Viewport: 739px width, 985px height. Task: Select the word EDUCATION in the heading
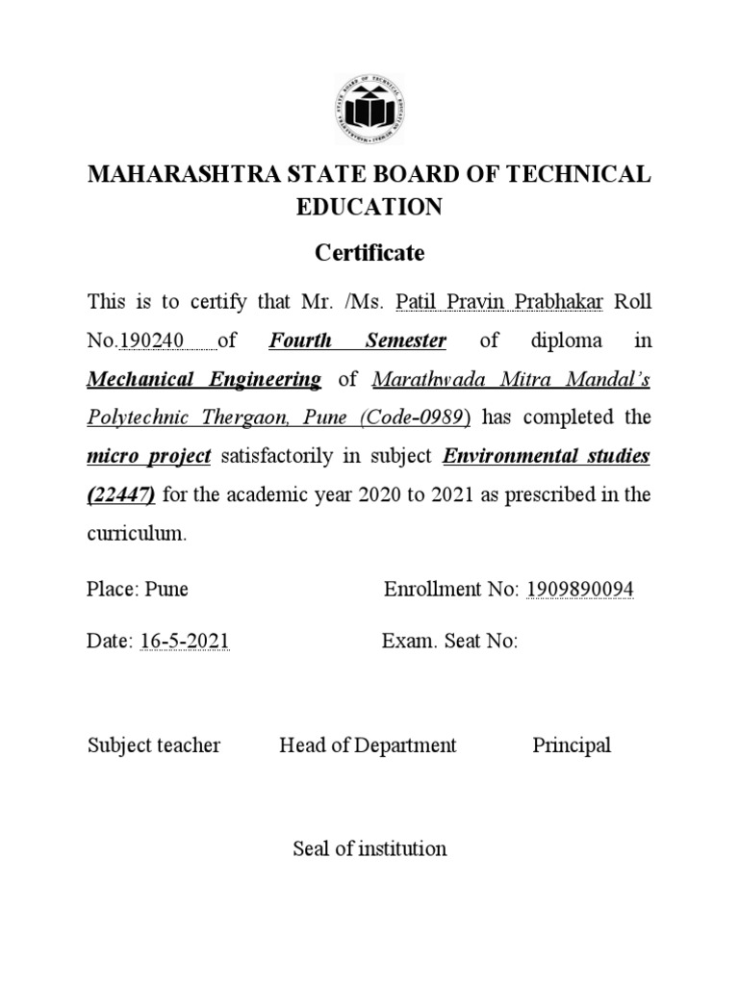pos(369,208)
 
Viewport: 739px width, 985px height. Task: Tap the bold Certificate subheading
pos(369,253)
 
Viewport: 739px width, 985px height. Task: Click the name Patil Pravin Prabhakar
pos(498,302)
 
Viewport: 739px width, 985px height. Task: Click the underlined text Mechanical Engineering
pos(204,379)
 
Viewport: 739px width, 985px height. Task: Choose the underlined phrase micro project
pos(149,456)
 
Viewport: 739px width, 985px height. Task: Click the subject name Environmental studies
pos(546,456)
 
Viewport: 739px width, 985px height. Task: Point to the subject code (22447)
pos(122,494)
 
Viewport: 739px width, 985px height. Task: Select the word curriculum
pos(135,533)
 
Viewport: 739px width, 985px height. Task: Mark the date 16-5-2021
pos(185,642)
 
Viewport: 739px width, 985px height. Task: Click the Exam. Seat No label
pos(449,642)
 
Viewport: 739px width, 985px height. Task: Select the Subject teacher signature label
pos(154,745)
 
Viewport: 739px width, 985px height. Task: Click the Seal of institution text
pos(369,848)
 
